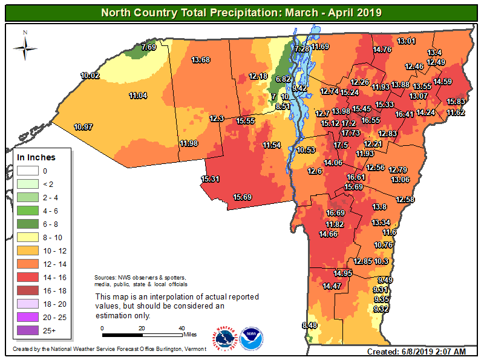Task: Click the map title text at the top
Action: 241,11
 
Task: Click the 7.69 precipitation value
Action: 149,47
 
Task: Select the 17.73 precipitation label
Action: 351,133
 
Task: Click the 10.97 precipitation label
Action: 83,127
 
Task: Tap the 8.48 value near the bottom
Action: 309,326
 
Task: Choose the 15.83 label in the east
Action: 456,102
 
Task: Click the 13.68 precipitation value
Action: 200,60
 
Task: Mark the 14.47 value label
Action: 332,286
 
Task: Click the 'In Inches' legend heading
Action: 36,157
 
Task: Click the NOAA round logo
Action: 251,339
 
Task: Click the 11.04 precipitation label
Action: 138,96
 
